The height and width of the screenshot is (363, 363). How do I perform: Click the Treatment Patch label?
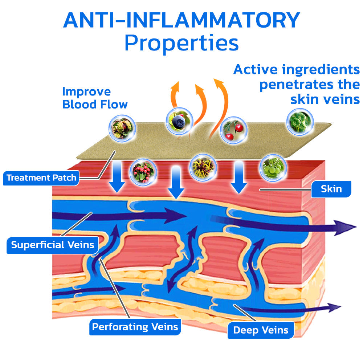[x=41, y=178]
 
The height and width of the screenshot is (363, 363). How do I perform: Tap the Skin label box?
[x=331, y=189]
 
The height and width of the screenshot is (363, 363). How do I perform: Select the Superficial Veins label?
[x=52, y=245]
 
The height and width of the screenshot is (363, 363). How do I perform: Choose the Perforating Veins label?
[x=135, y=327]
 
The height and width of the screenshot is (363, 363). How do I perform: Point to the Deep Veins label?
[x=261, y=330]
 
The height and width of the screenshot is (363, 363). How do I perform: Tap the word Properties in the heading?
[x=181, y=44]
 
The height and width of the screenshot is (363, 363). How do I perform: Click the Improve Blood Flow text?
[x=95, y=98]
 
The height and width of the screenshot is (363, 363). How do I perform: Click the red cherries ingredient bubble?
[x=234, y=130]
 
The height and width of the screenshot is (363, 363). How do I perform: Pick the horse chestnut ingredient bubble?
[x=122, y=127]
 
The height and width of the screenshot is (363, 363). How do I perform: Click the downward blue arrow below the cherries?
[x=239, y=178]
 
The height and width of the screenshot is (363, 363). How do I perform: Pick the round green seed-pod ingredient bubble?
[x=300, y=121]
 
